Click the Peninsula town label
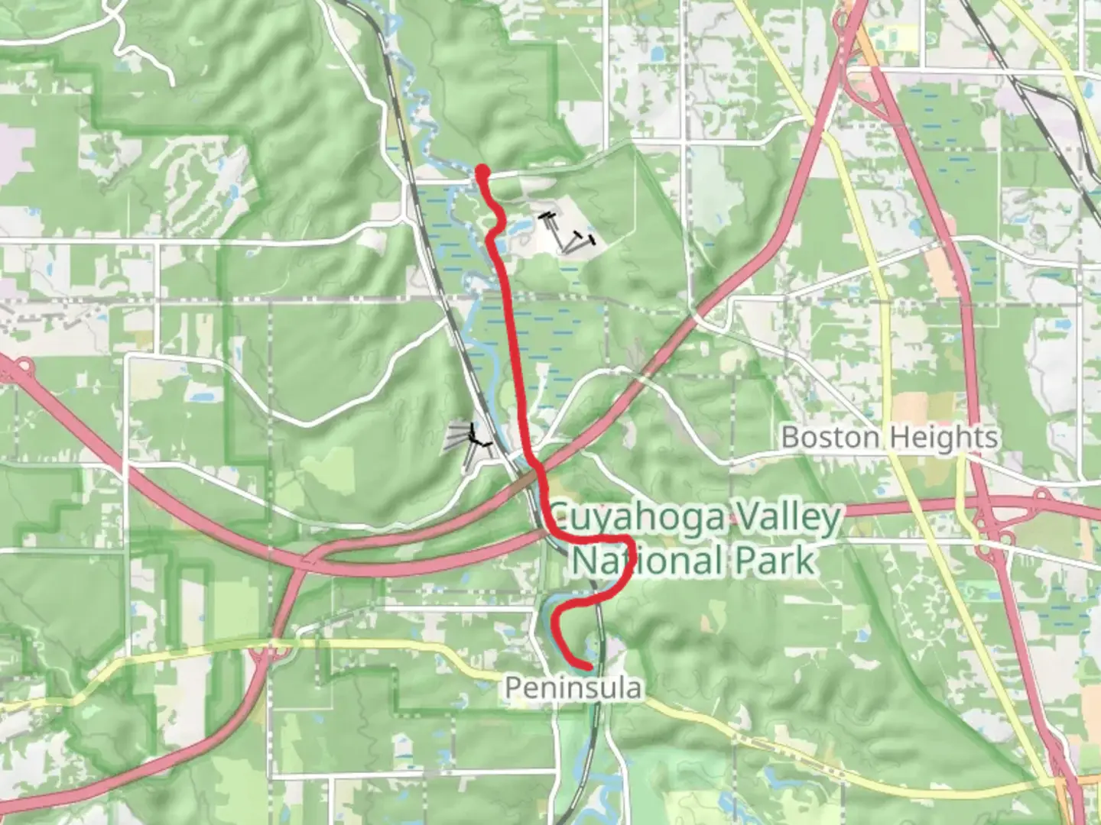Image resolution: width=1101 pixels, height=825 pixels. click(x=573, y=688)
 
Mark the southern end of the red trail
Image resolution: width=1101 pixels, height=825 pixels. click(x=587, y=667)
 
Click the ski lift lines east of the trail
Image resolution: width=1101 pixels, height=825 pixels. click(x=567, y=232)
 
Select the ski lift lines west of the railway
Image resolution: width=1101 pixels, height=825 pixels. click(x=468, y=442)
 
